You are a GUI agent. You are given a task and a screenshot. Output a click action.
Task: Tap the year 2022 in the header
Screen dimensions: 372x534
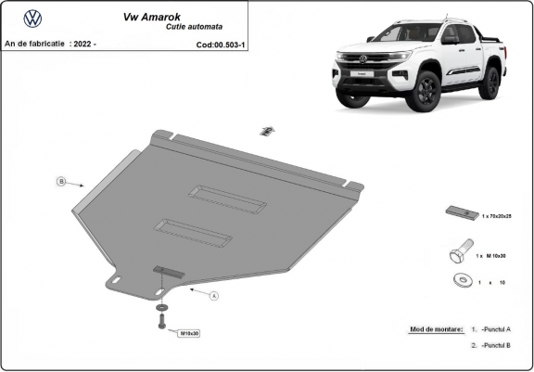point(83,44)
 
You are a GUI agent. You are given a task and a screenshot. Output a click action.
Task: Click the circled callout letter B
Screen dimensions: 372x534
point(61,181)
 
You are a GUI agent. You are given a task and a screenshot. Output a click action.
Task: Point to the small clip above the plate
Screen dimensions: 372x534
point(265,131)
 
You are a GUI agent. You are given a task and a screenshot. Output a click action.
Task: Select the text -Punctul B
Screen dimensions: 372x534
point(496,344)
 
